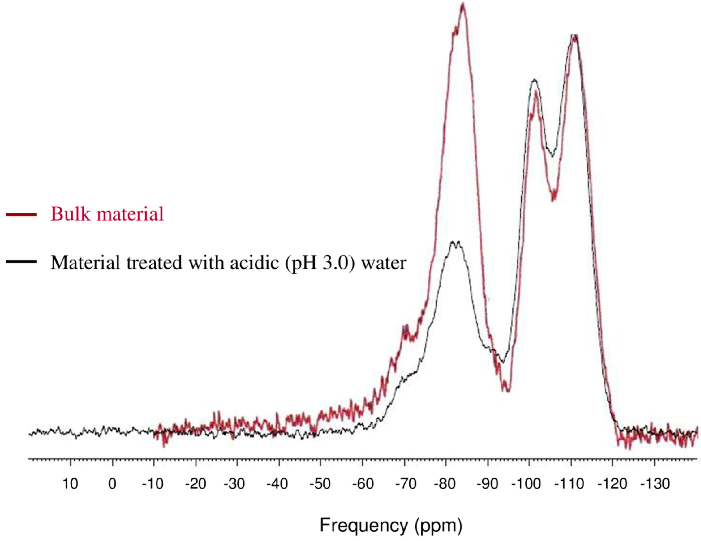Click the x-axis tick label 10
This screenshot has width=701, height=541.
tap(70, 484)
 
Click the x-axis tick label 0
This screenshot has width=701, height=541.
tap(112, 484)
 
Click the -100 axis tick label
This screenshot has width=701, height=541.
tap(526, 484)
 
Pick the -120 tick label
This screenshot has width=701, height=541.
tap(612, 484)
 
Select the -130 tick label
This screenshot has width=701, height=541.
tap(654, 484)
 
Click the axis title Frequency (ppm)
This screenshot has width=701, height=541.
tap(391, 526)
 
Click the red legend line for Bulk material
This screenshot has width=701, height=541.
tap(21, 214)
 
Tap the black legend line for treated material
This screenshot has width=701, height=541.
tap(21, 262)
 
